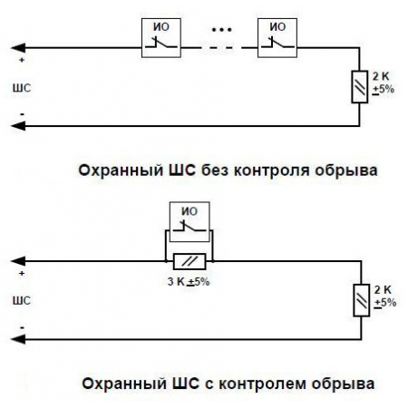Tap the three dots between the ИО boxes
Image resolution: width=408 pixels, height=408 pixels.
220,29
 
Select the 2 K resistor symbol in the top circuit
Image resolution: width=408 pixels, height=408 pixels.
361,89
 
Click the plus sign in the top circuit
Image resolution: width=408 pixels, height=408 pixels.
21,63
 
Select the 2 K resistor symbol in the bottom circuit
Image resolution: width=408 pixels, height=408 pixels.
361,298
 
